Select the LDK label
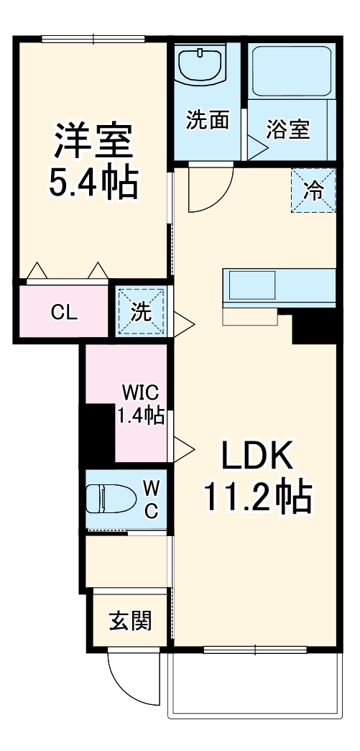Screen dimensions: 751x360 (256, 456)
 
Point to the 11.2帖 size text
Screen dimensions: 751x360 (257, 496)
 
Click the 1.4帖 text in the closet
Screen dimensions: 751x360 (141, 415)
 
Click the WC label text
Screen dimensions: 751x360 (151, 498)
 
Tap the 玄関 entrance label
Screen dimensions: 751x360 (130, 619)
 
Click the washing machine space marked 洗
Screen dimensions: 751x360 (142, 312)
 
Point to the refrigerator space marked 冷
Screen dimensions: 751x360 (313, 190)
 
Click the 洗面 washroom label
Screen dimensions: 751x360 (208, 120)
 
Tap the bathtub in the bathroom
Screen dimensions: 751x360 (292, 69)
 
